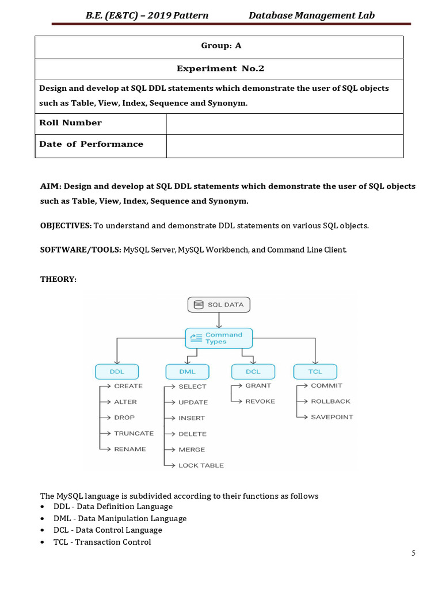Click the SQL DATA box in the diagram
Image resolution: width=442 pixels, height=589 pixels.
[x=219, y=304]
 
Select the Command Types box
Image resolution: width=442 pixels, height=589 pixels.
[x=219, y=338]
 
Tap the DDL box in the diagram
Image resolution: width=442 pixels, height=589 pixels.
[x=117, y=372]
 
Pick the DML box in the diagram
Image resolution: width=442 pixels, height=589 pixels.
[x=188, y=372]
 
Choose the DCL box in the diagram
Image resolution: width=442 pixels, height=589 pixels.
[x=253, y=372]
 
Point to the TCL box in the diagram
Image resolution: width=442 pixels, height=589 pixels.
[x=315, y=372]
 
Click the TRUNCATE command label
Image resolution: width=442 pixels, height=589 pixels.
[x=134, y=433]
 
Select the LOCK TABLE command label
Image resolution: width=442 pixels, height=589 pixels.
[x=201, y=465]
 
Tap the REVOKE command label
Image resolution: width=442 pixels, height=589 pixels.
[x=260, y=401]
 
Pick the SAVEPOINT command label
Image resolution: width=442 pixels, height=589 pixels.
[x=332, y=417]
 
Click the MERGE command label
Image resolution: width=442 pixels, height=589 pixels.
[x=192, y=450]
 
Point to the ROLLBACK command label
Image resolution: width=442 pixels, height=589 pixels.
[x=330, y=401]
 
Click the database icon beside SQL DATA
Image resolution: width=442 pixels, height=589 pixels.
[x=199, y=304]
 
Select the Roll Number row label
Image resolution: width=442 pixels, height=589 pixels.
[x=70, y=123]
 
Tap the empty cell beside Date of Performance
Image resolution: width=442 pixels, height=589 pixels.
[x=284, y=146]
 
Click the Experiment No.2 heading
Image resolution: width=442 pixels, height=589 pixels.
[x=220, y=68]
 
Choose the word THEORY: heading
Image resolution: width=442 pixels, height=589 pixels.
[x=58, y=279]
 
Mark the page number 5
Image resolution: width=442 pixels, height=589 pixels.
[x=413, y=553]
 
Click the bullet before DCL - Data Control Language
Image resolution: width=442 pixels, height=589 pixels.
[x=43, y=530]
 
